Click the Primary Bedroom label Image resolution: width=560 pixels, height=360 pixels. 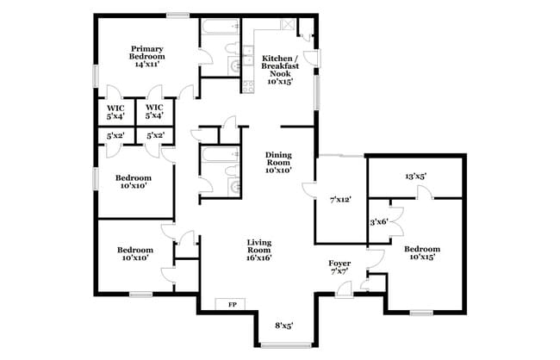[x=147, y=55]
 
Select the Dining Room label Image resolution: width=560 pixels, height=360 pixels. [x=277, y=162]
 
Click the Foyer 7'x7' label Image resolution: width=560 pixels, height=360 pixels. [x=339, y=266]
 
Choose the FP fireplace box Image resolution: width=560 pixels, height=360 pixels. [x=231, y=304]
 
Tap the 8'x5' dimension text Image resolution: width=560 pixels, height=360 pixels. [x=284, y=326]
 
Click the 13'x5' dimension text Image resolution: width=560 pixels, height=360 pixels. [x=415, y=177]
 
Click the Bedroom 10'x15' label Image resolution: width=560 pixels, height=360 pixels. [x=422, y=253]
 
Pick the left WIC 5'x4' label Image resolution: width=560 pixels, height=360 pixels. [x=115, y=111]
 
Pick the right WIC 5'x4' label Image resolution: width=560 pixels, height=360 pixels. [x=155, y=111]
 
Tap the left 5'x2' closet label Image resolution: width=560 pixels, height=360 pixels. [x=115, y=135]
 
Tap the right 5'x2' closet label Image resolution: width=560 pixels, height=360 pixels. [x=155, y=135]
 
